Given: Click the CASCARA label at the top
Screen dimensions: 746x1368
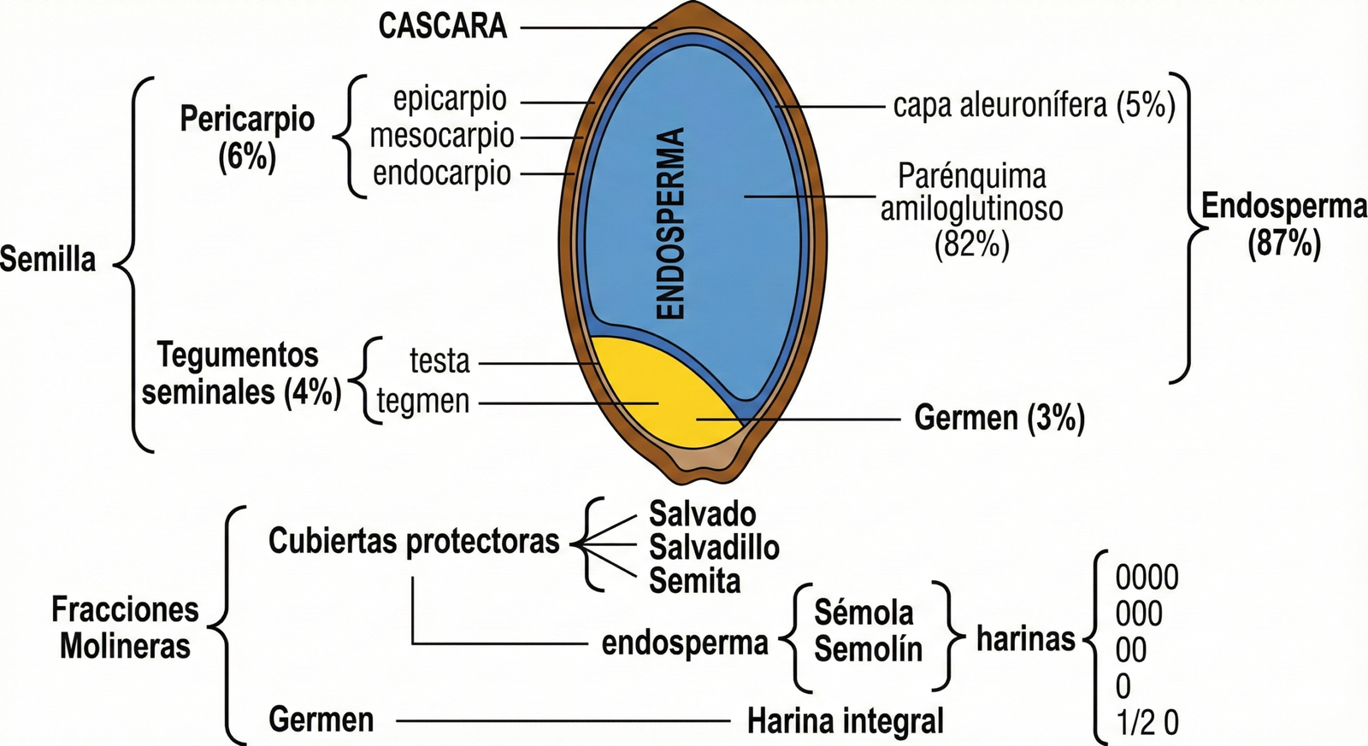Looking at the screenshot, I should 443,26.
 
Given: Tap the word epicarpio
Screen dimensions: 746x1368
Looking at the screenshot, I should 450,99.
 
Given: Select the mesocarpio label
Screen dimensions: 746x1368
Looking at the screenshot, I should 442,136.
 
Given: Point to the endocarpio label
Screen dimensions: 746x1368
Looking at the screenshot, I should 442,173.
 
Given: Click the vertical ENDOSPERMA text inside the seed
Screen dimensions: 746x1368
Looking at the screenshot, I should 671,224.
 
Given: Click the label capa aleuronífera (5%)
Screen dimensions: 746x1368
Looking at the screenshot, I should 1034,106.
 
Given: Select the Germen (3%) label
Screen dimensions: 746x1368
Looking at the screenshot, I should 999,419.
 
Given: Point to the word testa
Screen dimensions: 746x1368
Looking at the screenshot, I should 439,361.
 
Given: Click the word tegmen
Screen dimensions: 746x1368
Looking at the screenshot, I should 423,401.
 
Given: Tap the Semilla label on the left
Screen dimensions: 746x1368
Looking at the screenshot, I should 48,260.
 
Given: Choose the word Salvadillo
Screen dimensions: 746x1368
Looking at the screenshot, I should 714,547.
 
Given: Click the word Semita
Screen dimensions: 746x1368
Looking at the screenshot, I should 694,581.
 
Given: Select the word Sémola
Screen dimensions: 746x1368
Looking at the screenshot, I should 864,613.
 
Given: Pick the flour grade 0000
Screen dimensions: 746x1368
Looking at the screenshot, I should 1147,579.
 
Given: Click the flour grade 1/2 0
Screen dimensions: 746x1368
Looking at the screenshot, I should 1147,723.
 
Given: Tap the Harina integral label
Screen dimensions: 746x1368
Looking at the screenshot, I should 845,721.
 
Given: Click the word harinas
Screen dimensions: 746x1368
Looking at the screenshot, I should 1025,638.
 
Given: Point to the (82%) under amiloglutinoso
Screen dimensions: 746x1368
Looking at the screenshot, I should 971,245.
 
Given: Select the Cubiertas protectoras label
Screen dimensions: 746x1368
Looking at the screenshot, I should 414,541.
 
